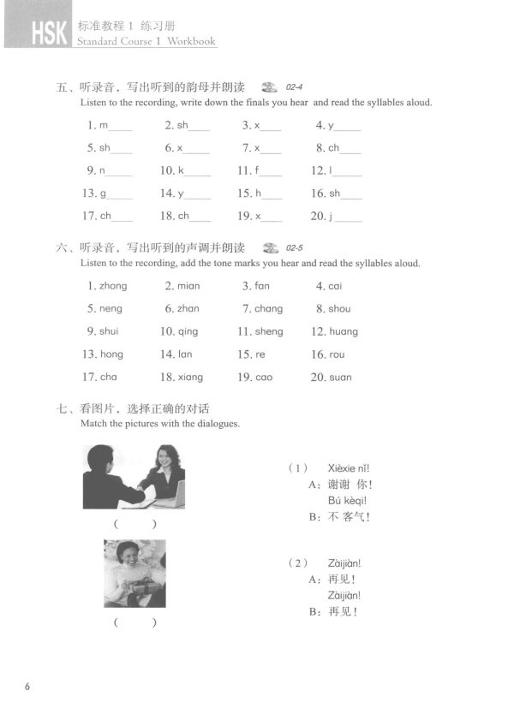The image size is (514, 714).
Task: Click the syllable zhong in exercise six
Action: (113, 286)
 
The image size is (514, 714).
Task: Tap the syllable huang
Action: (344, 331)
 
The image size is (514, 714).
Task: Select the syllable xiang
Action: (191, 377)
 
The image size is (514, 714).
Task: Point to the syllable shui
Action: (109, 331)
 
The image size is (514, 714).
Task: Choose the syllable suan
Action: (340, 377)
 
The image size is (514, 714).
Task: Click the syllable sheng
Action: (268, 331)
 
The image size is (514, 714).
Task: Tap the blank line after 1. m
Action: (121, 128)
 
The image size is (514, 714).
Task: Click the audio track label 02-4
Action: (296, 87)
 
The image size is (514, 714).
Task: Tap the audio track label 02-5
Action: (296, 248)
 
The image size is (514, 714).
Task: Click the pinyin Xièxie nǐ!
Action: (348, 467)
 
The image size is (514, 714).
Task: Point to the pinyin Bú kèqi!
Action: (347, 500)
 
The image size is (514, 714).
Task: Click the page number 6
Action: (28, 687)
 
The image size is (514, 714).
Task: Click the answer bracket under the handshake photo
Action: (134, 524)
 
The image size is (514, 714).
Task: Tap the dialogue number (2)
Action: (297, 562)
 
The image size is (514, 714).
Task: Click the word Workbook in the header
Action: (191, 41)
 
